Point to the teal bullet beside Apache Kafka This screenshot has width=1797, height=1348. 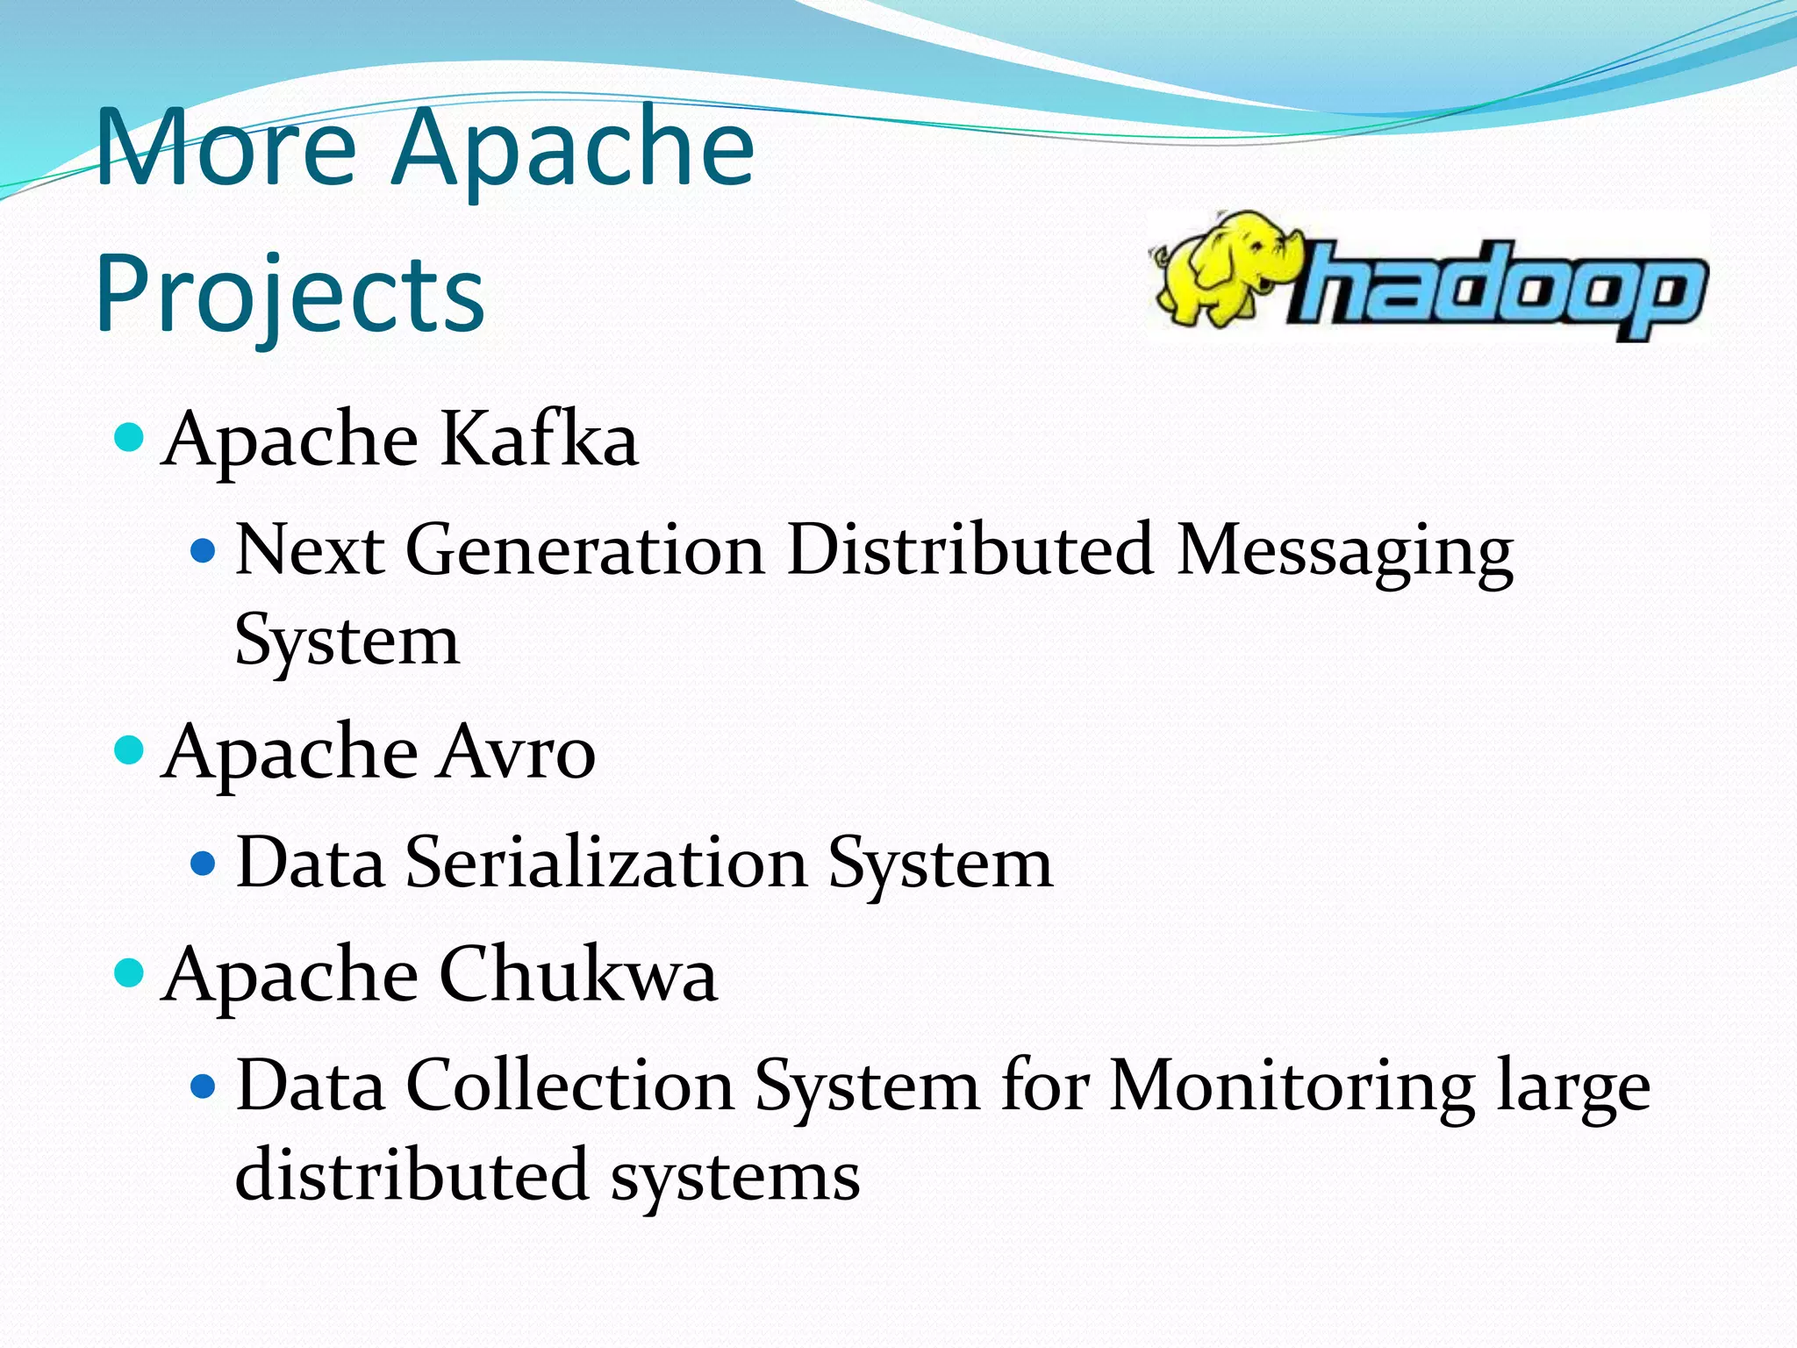coord(130,436)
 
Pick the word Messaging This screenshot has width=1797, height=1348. coord(1345,551)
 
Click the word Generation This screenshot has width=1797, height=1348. coord(584,551)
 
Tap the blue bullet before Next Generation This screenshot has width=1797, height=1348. coord(204,551)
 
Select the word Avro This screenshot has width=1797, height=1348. coord(517,753)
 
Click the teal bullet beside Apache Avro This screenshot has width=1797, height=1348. coord(130,750)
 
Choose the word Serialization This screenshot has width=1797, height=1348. coord(605,864)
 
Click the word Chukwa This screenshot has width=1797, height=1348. coord(577,975)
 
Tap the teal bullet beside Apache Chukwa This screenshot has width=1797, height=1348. coord(130,972)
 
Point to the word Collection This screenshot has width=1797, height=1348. coord(569,1086)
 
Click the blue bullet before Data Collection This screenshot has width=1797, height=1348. coord(204,1087)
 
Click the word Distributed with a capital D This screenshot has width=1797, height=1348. coord(970,551)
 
